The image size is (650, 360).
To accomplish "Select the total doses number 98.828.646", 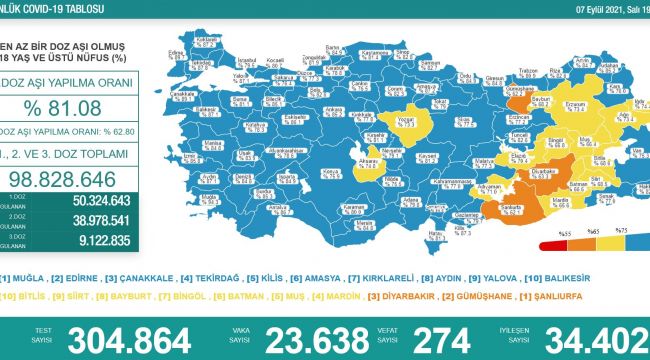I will point(66,178).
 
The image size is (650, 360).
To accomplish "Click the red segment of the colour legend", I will point(552,243).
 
